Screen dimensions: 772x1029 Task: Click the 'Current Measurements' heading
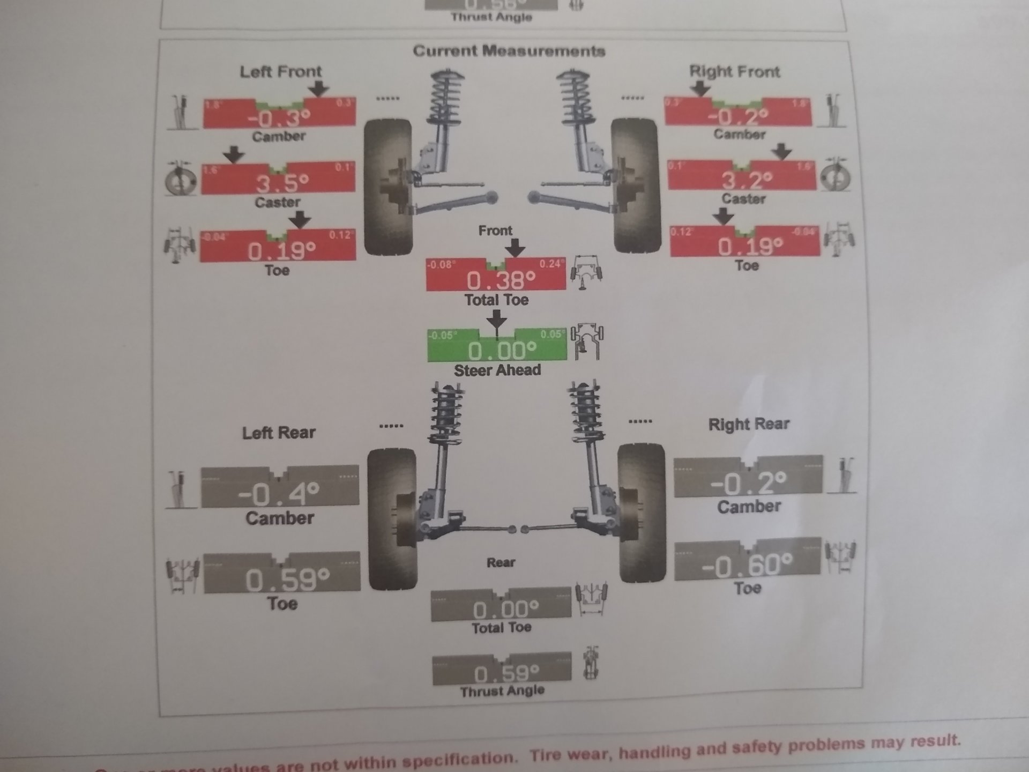[509, 51]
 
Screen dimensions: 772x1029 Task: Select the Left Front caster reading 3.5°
[282, 183]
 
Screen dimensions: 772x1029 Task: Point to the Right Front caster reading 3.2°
[747, 180]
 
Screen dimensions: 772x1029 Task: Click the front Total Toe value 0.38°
[501, 279]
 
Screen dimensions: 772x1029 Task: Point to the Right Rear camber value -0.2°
[748, 482]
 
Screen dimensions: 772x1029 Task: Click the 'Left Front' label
[280, 71]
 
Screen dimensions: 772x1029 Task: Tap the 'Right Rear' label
[749, 424]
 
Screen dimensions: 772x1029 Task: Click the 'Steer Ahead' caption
[497, 370]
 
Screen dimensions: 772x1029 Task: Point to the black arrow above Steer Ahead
[497, 320]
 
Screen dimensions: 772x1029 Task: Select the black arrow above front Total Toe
[515, 248]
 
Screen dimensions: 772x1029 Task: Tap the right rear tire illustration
[642, 512]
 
